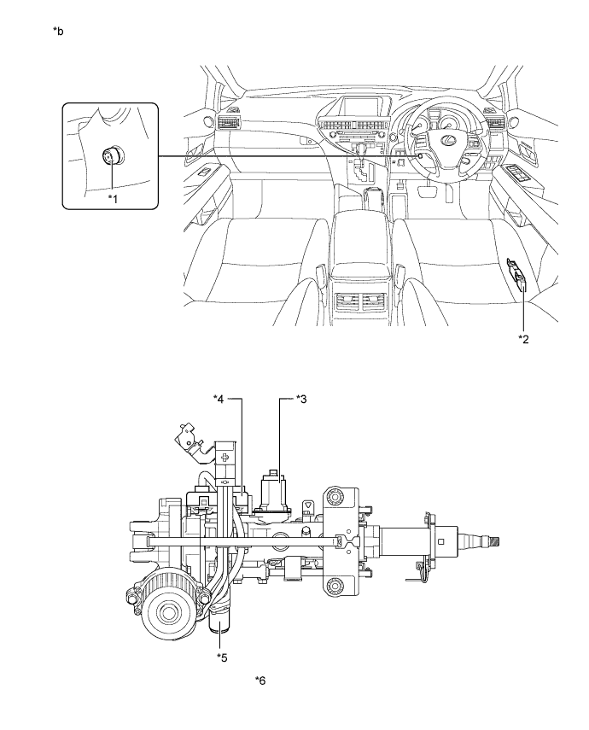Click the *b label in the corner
tap(58, 32)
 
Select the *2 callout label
tap(524, 339)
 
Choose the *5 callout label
tap(222, 657)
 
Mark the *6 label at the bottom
tap(261, 680)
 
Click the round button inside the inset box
tap(111, 156)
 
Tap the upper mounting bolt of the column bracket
tap(332, 495)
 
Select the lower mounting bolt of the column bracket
tap(332, 585)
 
